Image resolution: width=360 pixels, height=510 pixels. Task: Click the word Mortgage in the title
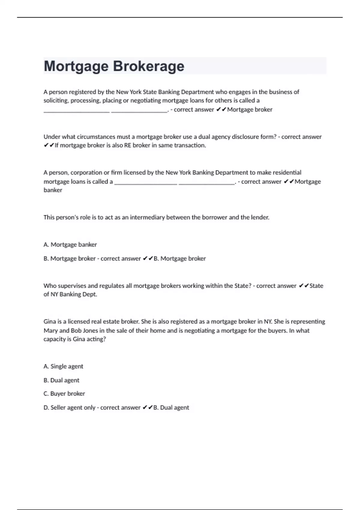point(76,66)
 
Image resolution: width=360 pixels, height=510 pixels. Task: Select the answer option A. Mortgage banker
point(70,244)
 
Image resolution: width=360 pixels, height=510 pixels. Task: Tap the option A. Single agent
point(63,366)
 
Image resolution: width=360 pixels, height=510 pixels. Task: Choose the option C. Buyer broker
point(64,394)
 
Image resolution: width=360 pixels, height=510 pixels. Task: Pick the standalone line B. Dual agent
point(61,380)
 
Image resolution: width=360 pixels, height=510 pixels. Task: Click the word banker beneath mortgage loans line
point(53,190)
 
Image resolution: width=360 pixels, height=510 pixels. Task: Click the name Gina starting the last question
point(49,322)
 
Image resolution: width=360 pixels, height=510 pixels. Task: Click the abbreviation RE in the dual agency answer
point(127,145)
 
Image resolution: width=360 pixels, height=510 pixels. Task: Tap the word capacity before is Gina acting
point(54,339)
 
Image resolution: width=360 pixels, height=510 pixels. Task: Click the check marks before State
point(304,286)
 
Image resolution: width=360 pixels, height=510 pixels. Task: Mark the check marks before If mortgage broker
point(49,145)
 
